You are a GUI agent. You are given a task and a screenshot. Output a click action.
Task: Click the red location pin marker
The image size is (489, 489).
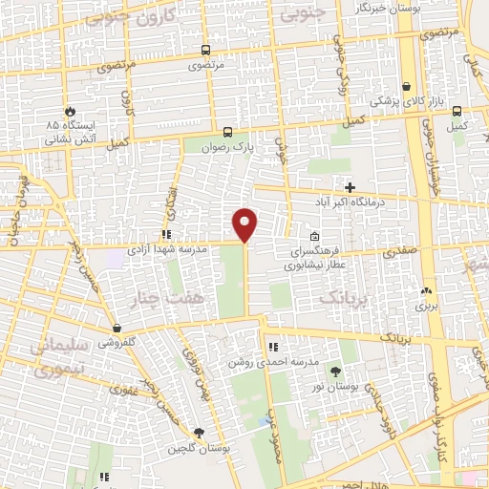pos(245,223)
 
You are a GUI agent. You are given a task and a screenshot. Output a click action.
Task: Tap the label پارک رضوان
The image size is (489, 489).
pos(227,149)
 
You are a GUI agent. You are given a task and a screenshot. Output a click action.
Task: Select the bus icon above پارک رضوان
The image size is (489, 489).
pos(227,133)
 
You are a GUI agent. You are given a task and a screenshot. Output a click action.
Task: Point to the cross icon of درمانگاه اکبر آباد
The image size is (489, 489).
pos(350,187)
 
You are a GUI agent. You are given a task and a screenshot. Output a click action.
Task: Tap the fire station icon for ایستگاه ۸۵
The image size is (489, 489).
pos(69,110)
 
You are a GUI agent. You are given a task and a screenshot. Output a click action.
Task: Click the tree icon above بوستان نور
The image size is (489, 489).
pos(335,371)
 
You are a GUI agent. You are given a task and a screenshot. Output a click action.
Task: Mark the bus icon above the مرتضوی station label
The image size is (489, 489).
pos(205,51)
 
